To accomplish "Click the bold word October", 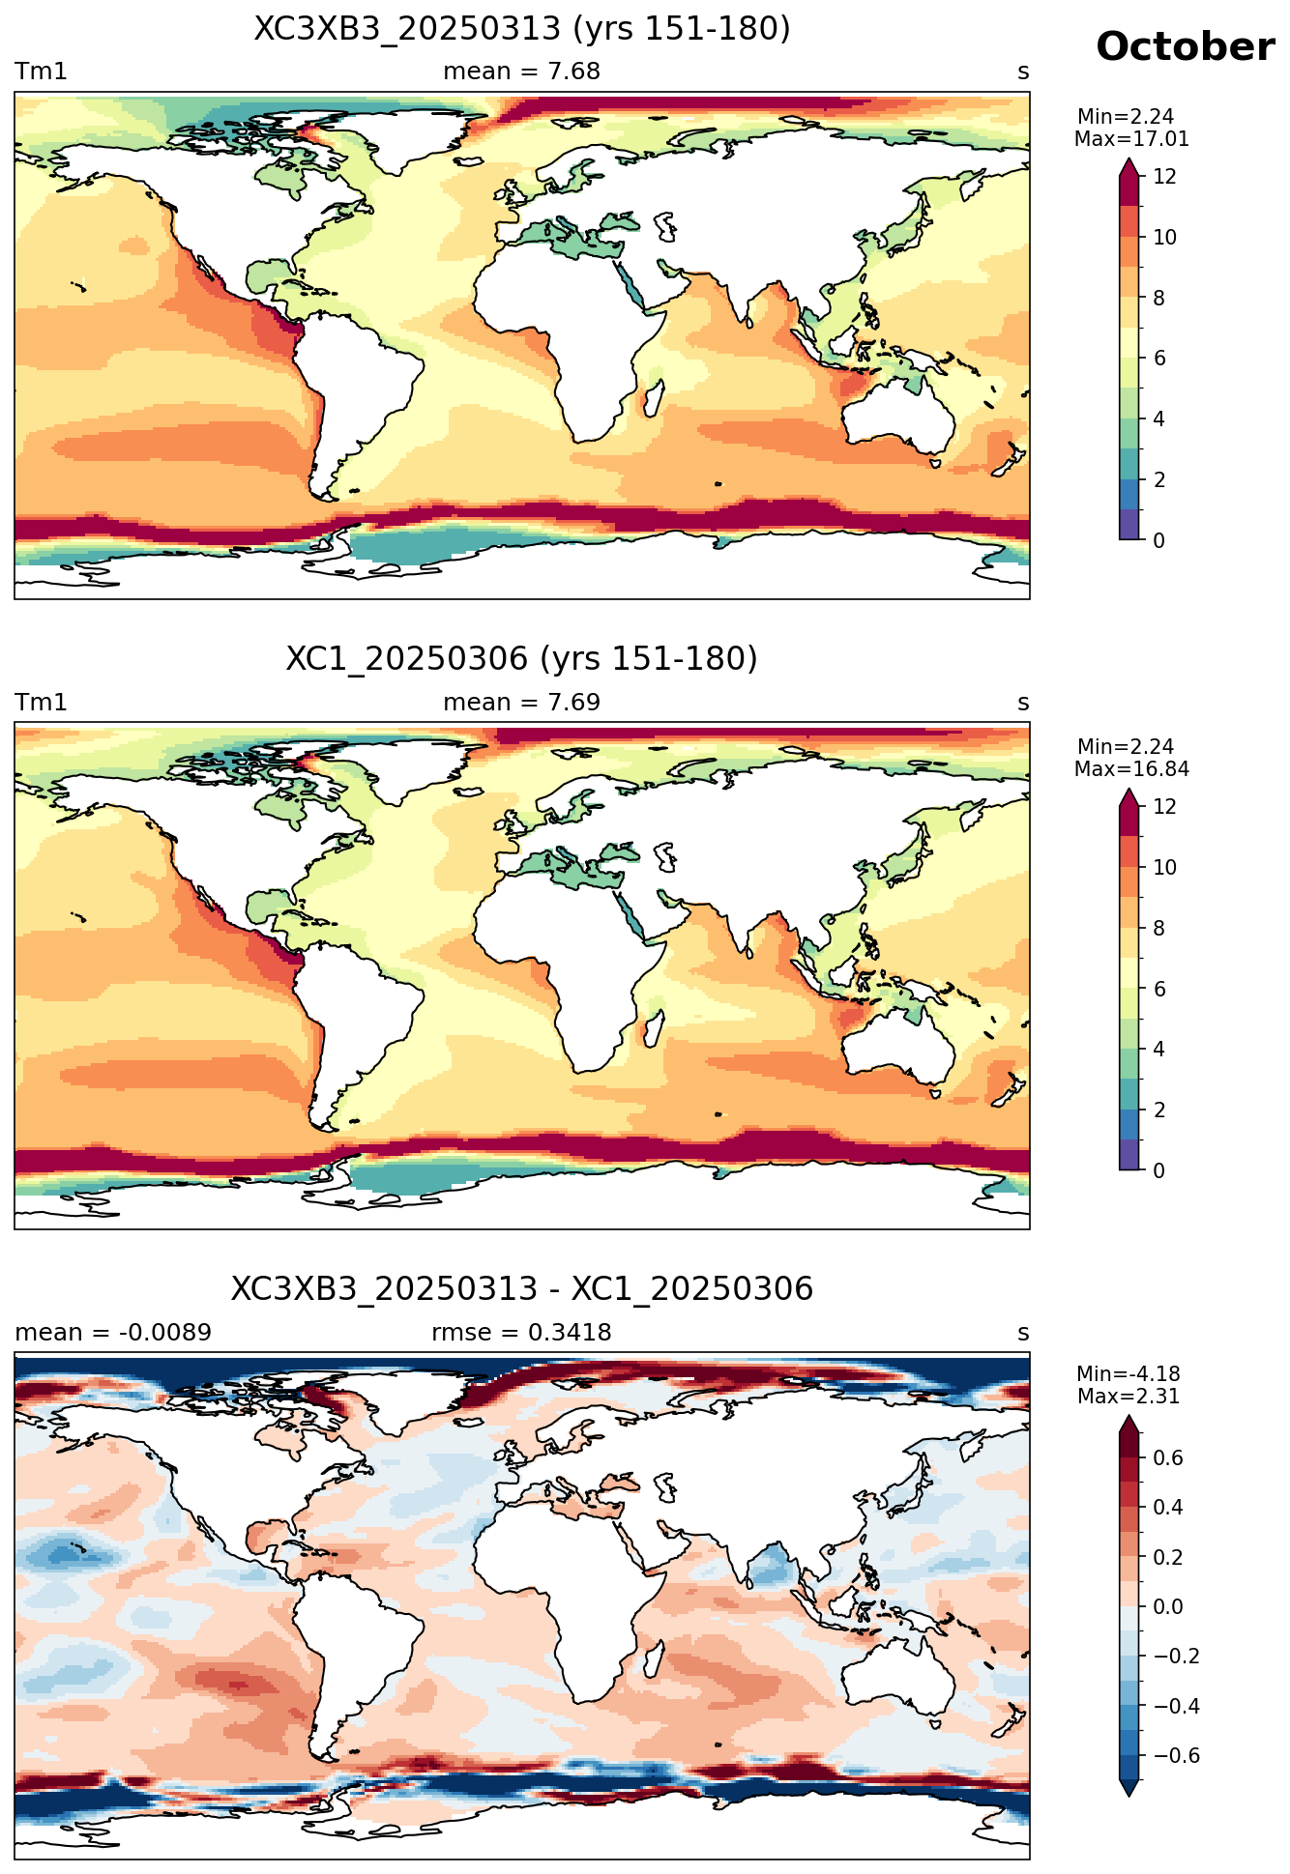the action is point(1185,47).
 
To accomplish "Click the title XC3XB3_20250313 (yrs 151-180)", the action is point(522,29).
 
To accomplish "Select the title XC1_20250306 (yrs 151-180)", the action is point(522,659).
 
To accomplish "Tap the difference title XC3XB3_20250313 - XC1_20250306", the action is point(522,1289).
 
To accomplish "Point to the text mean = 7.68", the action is point(522,72).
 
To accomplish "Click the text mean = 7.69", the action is point(522,703).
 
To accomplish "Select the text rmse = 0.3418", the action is point(522,1333).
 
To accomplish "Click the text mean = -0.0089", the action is point(113,1333).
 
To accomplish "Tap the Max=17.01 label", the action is point(1131,139).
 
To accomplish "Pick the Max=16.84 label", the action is point(1131,769).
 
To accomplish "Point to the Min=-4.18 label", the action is point(1129,1374).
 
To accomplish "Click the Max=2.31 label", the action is point(1129,1397).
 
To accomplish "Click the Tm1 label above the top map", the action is point(41,72).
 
